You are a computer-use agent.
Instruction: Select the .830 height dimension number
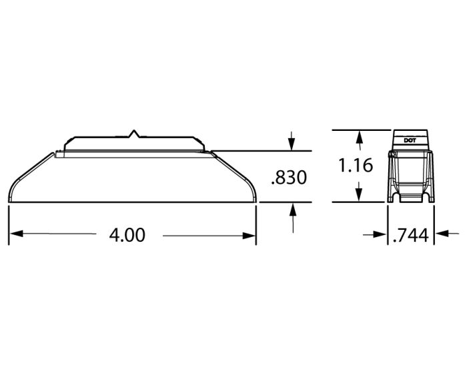289,178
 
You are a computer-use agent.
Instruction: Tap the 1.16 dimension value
355,165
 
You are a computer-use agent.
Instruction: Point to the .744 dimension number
412,234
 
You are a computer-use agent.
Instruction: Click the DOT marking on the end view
410,140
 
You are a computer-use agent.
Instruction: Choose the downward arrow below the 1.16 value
360,195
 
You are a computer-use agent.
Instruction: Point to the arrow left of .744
382,234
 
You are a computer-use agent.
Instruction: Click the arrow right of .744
441,234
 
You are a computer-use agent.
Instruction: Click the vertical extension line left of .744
388,224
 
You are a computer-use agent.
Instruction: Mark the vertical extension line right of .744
434,224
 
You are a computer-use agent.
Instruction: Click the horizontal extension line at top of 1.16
360,130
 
